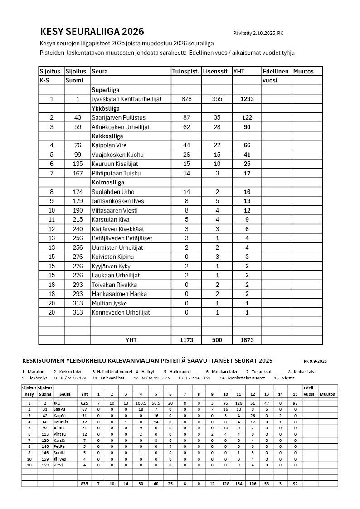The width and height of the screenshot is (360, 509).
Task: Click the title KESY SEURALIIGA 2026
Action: click(x=92, y=31)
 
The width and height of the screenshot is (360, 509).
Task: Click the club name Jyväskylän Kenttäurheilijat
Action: click(x=126, y=99)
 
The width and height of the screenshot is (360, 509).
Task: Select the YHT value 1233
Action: click(x=247, y=99)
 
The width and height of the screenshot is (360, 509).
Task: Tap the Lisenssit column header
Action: click(x=215, y=71)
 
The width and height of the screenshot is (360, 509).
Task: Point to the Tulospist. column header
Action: click(x=185, y=71)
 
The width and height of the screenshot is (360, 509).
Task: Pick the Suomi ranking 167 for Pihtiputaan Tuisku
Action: click(x=78, y=173)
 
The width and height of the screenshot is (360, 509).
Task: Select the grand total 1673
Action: click(x=247, y=340)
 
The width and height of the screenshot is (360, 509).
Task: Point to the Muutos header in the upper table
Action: click(x=303, y=71)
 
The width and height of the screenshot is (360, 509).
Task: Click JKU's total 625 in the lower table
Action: click(x=84, y=403)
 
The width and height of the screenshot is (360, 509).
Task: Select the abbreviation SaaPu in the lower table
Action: click(x=59, y=409)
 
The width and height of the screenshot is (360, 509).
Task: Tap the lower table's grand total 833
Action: click(x=84, y=484)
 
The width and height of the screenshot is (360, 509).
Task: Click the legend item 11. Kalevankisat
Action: click(x=108, y=378)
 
